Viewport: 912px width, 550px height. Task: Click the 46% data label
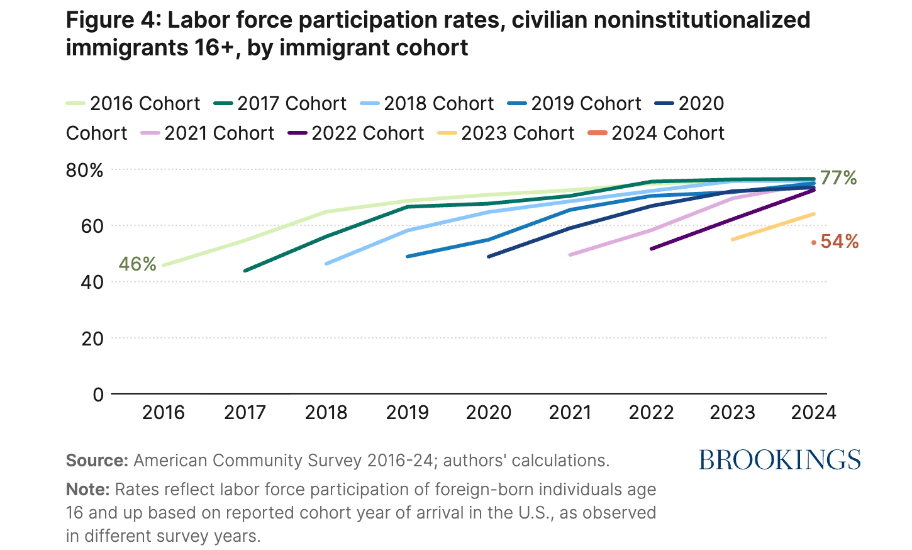[138, 264]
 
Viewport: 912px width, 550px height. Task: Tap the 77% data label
[838, 178]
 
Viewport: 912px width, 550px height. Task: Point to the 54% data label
[840, 242]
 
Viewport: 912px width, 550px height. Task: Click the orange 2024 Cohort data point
[814, 242]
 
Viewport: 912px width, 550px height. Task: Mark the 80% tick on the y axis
[85, 170]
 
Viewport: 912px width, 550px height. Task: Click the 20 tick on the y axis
[92, 338]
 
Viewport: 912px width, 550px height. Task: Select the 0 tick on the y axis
[98, 395]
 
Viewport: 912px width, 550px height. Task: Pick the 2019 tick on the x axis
[407, 413]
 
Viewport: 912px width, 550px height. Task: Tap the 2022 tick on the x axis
[651, 413]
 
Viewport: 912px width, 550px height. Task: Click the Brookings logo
[780, 460]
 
